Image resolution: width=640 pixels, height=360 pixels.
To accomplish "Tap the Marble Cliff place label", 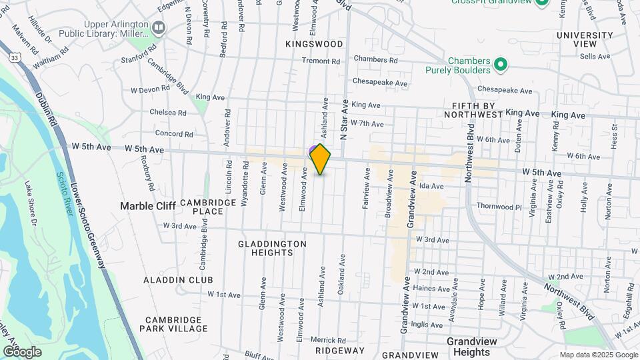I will tap(147, 206).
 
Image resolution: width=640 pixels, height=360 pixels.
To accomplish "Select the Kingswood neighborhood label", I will tap(314, 44).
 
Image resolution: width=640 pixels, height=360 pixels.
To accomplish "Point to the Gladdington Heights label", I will tap(273, 249).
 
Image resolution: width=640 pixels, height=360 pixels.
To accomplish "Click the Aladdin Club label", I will tap(178, 280).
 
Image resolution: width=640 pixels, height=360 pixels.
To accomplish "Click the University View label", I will tap(585, 39).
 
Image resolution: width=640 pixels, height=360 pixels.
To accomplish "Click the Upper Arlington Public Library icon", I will tap(159, 28).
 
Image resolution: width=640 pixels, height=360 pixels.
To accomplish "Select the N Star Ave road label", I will tap(344, 119).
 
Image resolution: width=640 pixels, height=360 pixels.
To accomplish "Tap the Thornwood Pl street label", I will tap(499, 206).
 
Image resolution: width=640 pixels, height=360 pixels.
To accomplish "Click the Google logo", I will tap(22, 351).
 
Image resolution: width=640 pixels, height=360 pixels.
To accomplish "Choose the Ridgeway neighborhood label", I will tap(340, 351).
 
